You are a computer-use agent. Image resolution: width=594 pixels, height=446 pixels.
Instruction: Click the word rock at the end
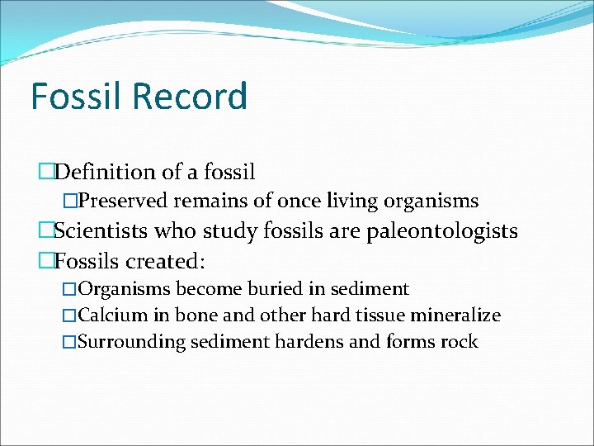[x=459, y=342]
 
